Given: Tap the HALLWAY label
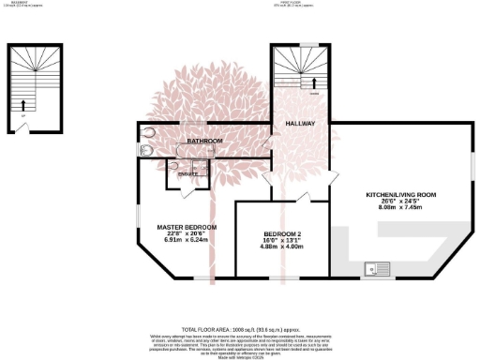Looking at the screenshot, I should tap(300, 123).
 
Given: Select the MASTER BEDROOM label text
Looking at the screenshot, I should tap(187, 227).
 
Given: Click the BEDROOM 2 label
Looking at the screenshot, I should tap(281, 233).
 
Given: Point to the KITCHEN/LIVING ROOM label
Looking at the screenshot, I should tap(401, 195).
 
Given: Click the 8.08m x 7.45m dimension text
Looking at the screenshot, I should tap(401, 209).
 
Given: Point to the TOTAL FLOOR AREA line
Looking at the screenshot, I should tap(239, 330).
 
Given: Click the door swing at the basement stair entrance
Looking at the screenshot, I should tap(22, 124).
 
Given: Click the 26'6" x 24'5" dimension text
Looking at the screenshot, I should tap(401, 202).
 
